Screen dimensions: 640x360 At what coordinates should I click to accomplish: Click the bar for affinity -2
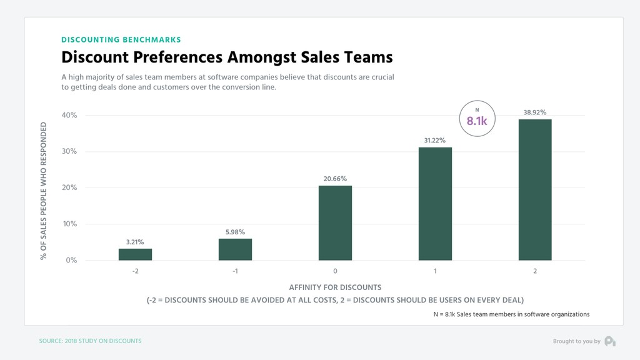(135, 254)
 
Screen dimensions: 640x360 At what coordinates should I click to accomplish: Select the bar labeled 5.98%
(235, 249)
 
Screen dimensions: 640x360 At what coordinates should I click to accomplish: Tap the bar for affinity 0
(335, 223)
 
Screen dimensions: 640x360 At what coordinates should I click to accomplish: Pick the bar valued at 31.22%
(435, 204)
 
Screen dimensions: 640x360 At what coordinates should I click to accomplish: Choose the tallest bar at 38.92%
(535, 190)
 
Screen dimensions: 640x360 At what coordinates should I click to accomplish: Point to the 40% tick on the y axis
(69, 115)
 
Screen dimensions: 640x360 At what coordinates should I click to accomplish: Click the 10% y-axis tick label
(69, 224)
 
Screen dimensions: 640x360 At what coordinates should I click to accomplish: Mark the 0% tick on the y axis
(71, 260)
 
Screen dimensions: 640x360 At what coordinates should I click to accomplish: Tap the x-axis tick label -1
(235, 271)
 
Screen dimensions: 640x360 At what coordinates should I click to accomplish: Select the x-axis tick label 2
(535, 271)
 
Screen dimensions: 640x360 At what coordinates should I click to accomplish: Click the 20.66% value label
(335, 179)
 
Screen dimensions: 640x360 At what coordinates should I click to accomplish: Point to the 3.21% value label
(135, 242)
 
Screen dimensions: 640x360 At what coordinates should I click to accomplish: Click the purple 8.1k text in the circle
(477, 121)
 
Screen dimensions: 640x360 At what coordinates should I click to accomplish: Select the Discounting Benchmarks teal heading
(121, 39)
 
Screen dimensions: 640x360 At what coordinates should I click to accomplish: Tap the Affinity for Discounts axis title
(335, 287)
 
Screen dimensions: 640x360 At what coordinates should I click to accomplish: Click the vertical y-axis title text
(43, 191)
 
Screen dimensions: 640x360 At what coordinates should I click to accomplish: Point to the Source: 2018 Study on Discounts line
(90, 341)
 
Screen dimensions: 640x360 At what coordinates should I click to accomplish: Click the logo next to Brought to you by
(610, 341)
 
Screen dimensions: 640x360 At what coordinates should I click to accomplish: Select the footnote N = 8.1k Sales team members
(511, 314)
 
